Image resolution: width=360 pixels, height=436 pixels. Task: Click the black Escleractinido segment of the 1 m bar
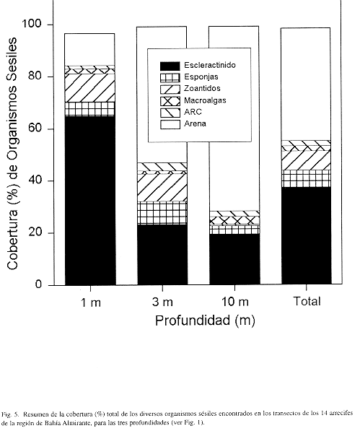(89, 200)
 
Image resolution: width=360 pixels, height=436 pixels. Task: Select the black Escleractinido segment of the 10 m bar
(234, 259)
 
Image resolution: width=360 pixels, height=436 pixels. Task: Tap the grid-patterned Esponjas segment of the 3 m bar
(162, 213)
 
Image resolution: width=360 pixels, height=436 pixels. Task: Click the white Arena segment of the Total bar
(306, 84)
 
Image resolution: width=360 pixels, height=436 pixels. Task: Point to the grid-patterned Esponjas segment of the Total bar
(306, 178)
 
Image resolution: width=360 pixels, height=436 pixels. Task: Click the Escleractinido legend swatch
(170, 66)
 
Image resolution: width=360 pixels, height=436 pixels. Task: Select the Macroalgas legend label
(205, 100)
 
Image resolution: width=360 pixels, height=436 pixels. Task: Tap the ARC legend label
(193, 112)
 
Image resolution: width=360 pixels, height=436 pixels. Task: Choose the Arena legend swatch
(170, 124)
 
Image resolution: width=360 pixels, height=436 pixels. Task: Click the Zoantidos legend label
(202, 88)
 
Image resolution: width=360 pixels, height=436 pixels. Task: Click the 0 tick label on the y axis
(38, 284)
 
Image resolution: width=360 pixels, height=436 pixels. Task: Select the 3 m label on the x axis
(162, 302)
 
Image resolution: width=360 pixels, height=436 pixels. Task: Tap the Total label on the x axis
(307, 301)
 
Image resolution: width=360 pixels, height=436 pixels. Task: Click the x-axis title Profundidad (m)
(205, 321)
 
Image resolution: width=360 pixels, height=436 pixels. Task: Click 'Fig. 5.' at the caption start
(10, 414)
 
